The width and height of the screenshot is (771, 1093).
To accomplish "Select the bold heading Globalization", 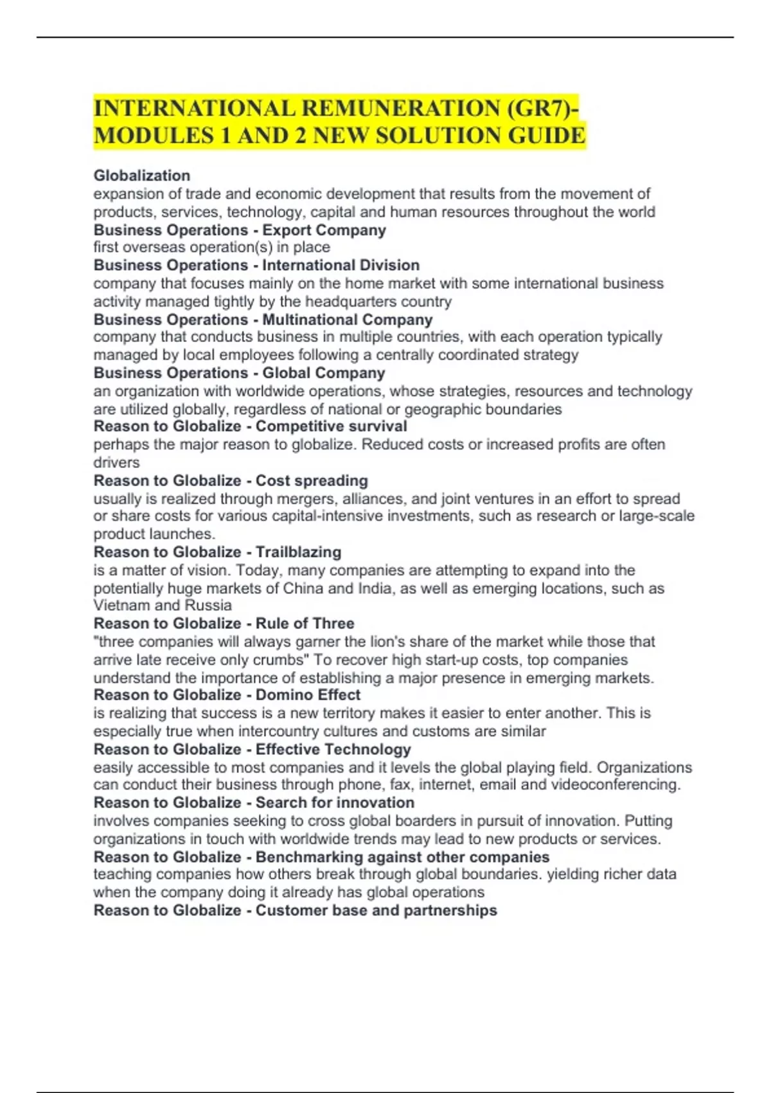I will click(142, 176).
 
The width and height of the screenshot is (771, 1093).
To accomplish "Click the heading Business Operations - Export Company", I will click(240, 230).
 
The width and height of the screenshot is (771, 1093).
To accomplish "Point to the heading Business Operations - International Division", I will click(256, 266).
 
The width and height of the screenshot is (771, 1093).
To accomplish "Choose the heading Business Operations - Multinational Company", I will click(263, 320).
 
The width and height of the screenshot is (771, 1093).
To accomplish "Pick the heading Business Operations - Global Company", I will click(239, 373).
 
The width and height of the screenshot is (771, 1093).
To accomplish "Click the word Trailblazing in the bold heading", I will click(298, 552).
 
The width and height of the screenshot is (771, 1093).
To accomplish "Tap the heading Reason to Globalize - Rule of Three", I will click(224, 624).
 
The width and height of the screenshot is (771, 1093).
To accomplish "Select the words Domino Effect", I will click(308, 695).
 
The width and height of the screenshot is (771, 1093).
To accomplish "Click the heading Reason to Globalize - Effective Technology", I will click(252, 750).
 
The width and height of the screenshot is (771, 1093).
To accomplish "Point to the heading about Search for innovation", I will click(335, 803).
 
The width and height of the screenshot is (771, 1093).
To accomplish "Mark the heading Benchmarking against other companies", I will click(402, 857).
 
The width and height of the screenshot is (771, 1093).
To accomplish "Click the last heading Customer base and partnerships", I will click(376, 910).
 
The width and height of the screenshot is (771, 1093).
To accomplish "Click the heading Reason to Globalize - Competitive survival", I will click(250, 426).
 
